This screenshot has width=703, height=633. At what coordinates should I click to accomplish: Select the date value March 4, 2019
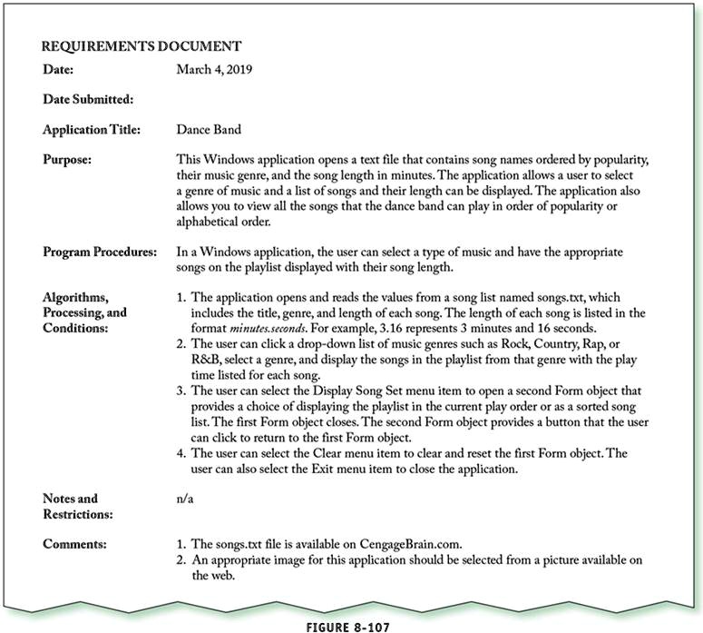pyautogui.click(x=214, y=69)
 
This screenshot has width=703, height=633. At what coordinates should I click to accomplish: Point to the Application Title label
pyautogui.click(x=92, y=131)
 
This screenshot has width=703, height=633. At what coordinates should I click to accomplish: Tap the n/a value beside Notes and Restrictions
pyautogui.click(x=185, y=499)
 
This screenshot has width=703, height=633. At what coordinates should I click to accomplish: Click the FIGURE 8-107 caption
pyautogui.click(x=352, y=625)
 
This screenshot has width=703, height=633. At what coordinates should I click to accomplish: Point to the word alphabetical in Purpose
pyautogui.click(x=213, y=220)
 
